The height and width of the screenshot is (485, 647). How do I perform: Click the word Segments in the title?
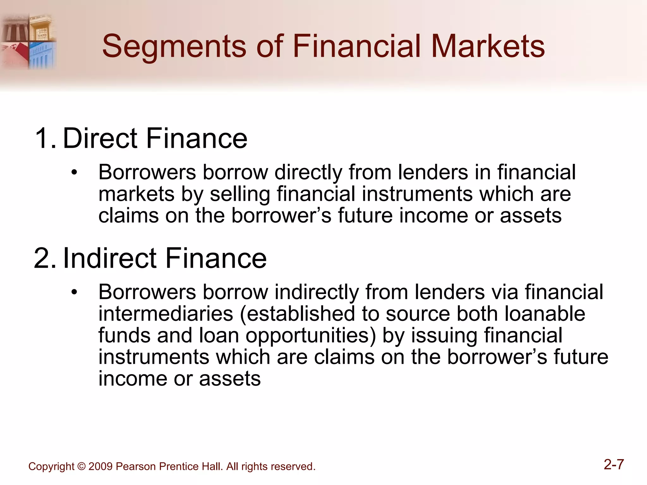click(174, 47)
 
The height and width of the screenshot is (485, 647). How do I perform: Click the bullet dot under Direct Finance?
click(74, 173)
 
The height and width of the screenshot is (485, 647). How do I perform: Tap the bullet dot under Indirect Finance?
click(74, 292)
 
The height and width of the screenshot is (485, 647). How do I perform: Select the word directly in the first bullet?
click(308, 173)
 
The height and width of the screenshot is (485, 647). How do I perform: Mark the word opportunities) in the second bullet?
click(311, 335)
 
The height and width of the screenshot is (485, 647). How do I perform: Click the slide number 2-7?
click(614, 464)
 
